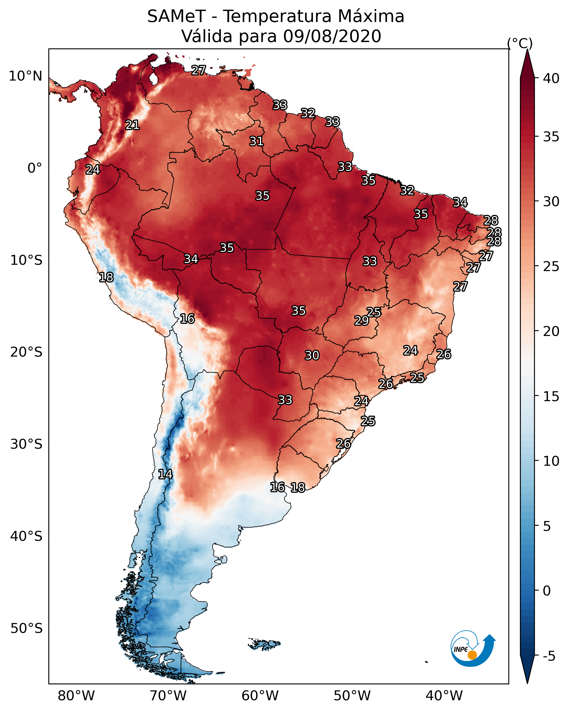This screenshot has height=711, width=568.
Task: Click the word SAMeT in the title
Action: [x=176, y=16]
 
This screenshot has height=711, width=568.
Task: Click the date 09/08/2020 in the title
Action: [x=332, y=36]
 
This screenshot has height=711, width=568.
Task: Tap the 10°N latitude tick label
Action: [x=25, y=76]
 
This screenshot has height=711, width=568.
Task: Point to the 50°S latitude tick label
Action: [x=26, y=629]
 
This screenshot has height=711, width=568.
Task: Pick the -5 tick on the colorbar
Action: [x=548, y=656]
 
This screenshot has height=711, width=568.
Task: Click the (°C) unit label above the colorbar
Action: [x=520, y=43]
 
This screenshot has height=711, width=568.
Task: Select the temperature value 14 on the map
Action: [x=165, y=474]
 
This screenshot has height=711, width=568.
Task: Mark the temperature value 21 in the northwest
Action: [x=132, y=125]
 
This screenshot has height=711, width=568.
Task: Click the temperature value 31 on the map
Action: [x=256, y=141]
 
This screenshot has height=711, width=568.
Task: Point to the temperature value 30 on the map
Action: [x=312, y=355]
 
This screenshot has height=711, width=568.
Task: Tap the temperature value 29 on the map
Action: [x=361, y=321]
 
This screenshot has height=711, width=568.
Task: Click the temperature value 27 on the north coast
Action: [x=199, y=70]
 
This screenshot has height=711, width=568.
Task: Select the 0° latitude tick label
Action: [x=35, y=168]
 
